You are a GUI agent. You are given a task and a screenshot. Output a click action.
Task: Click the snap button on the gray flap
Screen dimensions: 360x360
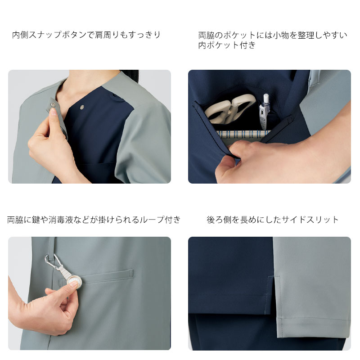coord(54,104)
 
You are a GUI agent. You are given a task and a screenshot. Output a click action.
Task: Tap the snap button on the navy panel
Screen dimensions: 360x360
coord(82,107)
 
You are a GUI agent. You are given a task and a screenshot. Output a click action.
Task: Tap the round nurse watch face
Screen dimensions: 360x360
coord(75,281)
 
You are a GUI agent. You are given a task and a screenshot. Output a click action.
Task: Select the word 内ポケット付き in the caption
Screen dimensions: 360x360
coord(227,45)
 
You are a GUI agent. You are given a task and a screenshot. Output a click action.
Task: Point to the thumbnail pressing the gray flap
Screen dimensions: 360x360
coord(53,112)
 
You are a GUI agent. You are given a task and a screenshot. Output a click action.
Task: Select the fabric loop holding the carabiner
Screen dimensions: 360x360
coord(52,247)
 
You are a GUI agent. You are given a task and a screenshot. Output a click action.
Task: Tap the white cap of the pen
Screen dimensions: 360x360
coord(266,98)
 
